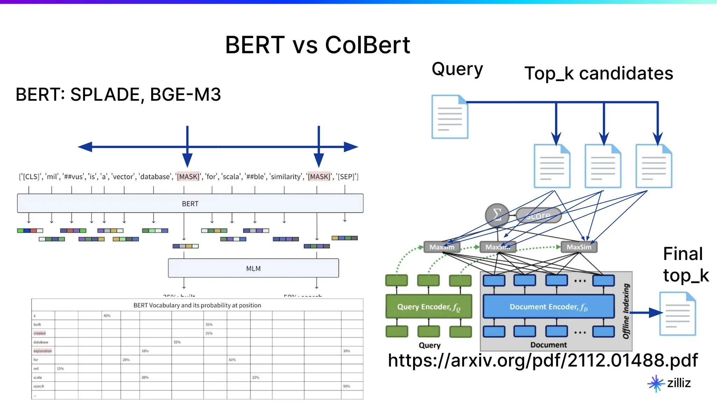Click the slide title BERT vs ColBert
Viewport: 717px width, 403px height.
point(317,45)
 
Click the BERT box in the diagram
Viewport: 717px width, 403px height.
point(190,204)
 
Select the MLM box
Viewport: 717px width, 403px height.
point(253,268)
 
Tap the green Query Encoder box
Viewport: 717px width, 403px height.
point(429,307)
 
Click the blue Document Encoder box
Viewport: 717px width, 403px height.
point(548,307)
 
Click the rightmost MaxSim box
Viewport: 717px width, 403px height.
point(579,247)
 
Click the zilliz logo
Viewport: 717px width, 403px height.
point(669,383)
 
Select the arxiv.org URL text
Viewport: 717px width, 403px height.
point(542,360)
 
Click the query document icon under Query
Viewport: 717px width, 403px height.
point(450,117)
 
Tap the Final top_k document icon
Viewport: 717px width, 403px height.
point(677,314)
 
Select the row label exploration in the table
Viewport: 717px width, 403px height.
point(43,351)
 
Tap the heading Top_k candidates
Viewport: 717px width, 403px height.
point(598,73)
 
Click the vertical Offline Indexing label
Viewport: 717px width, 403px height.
point(626,311)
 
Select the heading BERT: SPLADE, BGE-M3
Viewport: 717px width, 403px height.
point(118,94)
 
